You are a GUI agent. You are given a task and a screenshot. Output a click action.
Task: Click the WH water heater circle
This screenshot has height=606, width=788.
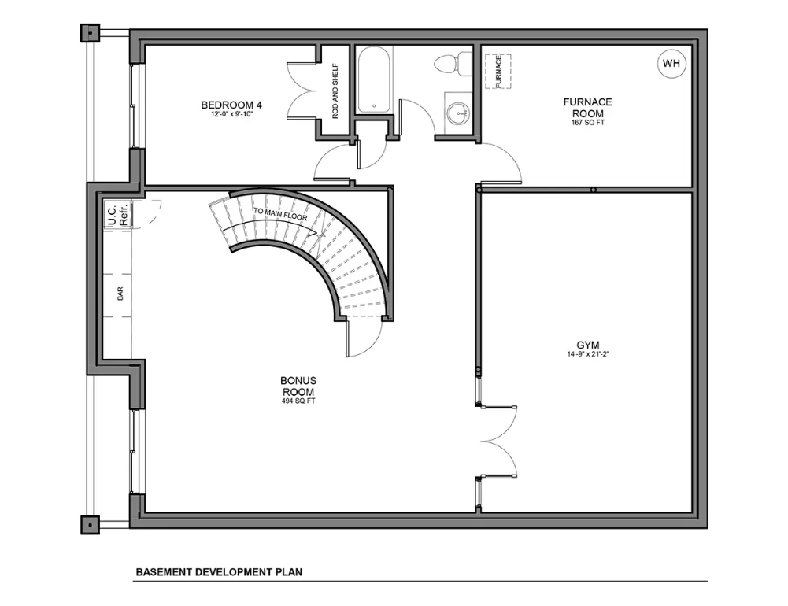(671, 63)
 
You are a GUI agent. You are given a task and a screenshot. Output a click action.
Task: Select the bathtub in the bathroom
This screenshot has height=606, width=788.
(373, 80)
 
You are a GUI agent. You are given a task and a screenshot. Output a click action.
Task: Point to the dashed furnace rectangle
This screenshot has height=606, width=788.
(498, 72)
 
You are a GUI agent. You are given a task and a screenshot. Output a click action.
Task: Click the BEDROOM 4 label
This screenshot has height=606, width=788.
(231, 105)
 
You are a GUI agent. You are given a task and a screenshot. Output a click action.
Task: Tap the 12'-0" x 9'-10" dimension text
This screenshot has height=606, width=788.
(231, 114)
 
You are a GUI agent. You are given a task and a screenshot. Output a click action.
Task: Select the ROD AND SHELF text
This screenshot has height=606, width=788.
(335, 91)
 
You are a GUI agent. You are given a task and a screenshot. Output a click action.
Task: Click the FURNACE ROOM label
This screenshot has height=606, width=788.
(587, 108)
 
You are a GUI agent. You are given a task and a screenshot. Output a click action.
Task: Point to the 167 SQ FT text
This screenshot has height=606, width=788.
(587, 123)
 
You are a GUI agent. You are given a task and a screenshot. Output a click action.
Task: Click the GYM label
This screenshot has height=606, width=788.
(588, 345)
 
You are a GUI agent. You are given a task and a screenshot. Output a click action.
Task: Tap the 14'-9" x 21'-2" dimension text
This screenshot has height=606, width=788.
(588, 354)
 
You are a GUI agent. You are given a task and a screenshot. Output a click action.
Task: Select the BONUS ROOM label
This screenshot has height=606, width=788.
(298, 386)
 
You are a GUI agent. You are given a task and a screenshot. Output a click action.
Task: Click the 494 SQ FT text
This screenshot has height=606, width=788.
(298, 401)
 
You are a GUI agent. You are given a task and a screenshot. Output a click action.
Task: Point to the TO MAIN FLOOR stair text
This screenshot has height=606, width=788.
(280, 214)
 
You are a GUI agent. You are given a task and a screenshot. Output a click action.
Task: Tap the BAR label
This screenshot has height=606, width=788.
(120, 294)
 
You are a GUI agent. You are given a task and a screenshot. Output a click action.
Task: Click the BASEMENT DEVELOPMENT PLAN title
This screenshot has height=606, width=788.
(219, 572)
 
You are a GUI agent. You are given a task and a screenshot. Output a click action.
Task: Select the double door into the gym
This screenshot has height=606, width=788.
(498, 441)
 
